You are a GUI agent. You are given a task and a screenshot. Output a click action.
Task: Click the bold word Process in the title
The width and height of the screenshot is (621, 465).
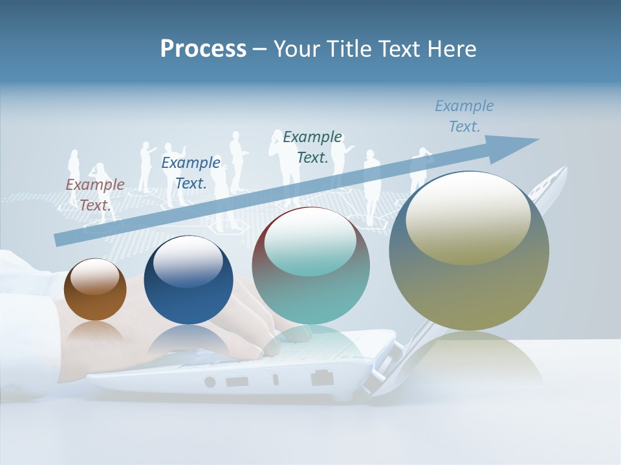203,49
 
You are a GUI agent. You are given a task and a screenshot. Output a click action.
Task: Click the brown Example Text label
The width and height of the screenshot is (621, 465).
95,194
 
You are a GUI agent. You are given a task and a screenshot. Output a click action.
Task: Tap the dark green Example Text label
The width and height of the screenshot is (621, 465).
312,147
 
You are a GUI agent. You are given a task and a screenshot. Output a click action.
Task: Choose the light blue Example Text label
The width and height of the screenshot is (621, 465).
464,116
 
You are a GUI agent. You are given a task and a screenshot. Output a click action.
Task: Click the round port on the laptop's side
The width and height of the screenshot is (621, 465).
210,382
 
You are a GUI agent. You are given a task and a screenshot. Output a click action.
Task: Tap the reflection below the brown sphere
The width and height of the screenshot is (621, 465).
95,335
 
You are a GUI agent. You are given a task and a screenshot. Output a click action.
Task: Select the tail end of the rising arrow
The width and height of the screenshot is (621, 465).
60,240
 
